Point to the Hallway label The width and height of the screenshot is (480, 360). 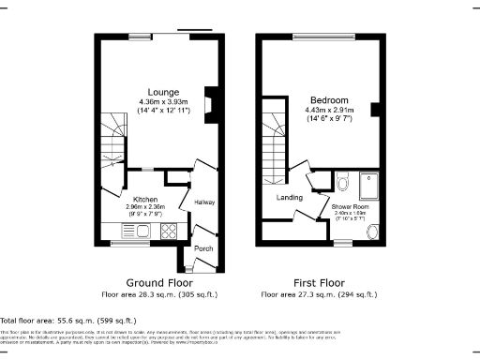click(x=204, y=202)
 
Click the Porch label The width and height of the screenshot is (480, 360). click(x=203, y=248)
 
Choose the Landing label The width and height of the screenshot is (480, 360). click(x=289, y=198)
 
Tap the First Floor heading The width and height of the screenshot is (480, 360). click(x=319, y=282)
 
